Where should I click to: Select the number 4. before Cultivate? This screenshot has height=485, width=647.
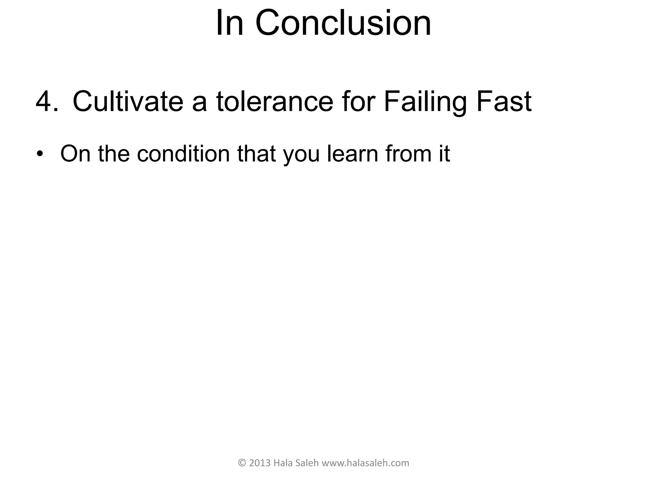pos(47,102)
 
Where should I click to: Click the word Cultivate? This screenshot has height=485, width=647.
pos(128,102)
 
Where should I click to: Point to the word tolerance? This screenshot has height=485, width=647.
pos(275,102)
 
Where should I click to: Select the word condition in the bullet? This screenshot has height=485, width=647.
pos(183,154)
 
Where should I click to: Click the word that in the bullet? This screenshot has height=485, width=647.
pos(256,154)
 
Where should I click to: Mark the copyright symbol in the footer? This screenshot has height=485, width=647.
pos(242,463)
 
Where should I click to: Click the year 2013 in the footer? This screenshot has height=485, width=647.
pos(260,463)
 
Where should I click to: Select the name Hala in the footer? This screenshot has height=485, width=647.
pos(281,463)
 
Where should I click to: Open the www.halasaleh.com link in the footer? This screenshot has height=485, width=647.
pos(366,463)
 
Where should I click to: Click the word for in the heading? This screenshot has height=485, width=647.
pos(358,102)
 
